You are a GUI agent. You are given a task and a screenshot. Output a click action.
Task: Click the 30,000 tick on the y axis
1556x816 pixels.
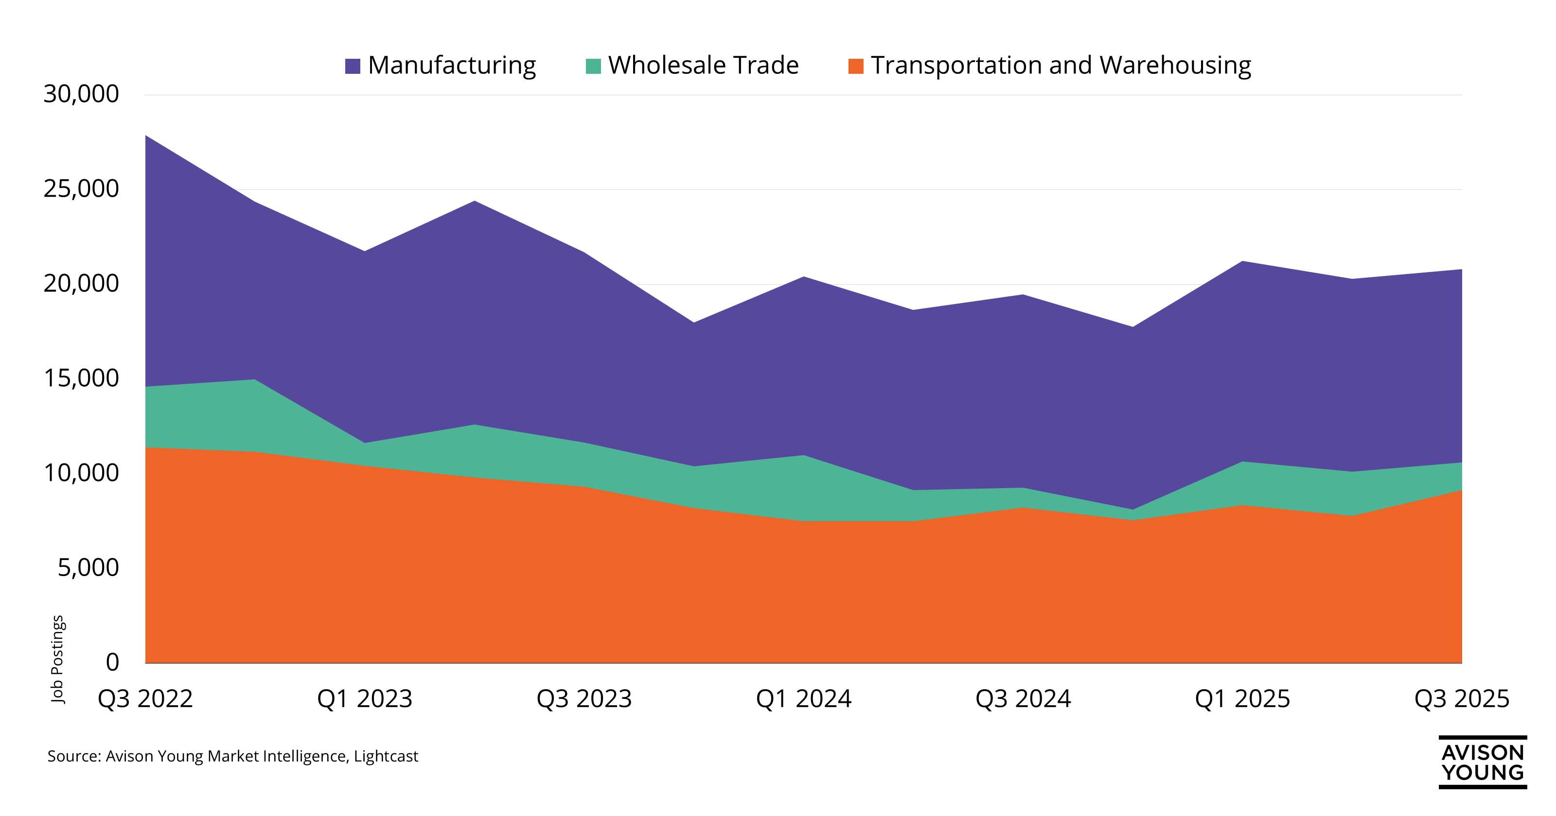click(81, 94)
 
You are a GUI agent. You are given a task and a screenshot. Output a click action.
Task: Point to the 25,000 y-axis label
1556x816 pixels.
click(81, 189)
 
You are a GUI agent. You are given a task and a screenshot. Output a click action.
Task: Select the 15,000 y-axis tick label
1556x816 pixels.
click(81, 378)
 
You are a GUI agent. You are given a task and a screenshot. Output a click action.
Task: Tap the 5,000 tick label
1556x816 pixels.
click(88, 568)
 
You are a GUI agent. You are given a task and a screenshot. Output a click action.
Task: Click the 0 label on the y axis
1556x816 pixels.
click(112, 663)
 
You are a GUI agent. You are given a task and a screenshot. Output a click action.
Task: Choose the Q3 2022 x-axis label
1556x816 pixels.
click(145, 699)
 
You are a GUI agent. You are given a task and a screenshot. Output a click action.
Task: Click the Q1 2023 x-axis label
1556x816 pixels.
click(364, 699)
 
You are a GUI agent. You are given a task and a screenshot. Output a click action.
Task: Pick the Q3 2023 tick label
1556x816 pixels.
click(584, 699)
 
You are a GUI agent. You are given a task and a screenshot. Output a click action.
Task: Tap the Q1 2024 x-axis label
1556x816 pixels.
click(803, 699)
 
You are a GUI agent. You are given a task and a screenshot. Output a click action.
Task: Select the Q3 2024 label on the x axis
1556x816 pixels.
click(1023, 699)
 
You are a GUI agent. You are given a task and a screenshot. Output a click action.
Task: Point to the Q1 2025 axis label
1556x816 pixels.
click(1242, 699)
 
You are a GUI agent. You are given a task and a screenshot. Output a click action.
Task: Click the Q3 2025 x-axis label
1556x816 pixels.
click(1462, 699)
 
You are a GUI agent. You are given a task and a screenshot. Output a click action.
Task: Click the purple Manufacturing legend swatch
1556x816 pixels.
click(352, 66)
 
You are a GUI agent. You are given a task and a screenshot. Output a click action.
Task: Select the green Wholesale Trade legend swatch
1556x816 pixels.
click(593, 66)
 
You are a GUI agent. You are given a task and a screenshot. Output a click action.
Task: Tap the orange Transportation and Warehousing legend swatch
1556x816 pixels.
click(856, 66)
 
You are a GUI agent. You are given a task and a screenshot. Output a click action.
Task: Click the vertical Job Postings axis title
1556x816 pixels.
click(57, 659)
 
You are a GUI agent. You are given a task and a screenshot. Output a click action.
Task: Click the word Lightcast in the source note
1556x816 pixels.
click(386, 756)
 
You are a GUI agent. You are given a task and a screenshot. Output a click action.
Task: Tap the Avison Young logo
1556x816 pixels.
click(1482, 762)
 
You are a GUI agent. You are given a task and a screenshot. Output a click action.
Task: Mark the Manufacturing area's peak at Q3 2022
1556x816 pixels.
click(146, 136)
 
